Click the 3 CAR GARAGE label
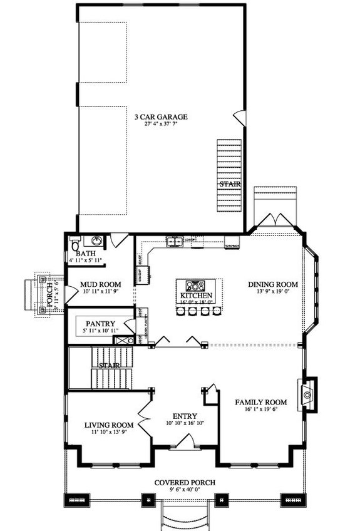[162, 116]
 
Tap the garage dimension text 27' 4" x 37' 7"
[162, 125]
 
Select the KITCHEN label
[197, 296]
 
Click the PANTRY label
[100, 324]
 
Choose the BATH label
[86, 253]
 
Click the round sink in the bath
[97, 241]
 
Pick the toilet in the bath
[75, 244]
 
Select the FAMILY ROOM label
[261, 402]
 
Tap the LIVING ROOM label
[110, 425]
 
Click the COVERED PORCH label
[185, 482]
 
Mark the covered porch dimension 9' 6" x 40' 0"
[185, 490]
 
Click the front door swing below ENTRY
[185, 443]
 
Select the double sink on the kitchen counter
[175, 241]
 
